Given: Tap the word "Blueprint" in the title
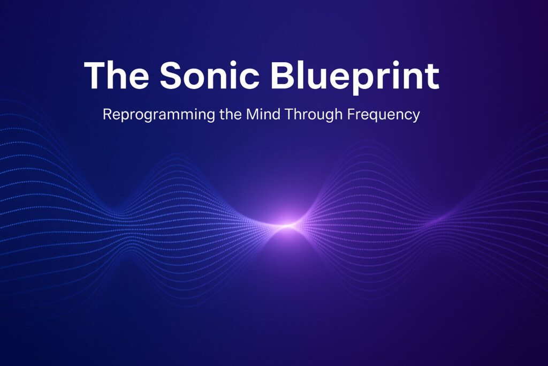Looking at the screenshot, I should click(354, 76).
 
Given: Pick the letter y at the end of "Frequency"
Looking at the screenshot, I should click(415, 117).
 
